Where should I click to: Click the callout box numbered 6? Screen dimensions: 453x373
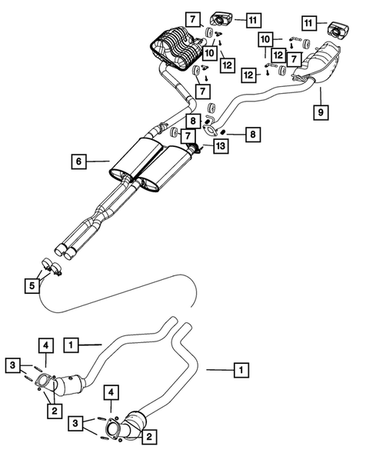78,162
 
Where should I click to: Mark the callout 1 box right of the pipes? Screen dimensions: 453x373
241,371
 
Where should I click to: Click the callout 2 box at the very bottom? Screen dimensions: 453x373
149,435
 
